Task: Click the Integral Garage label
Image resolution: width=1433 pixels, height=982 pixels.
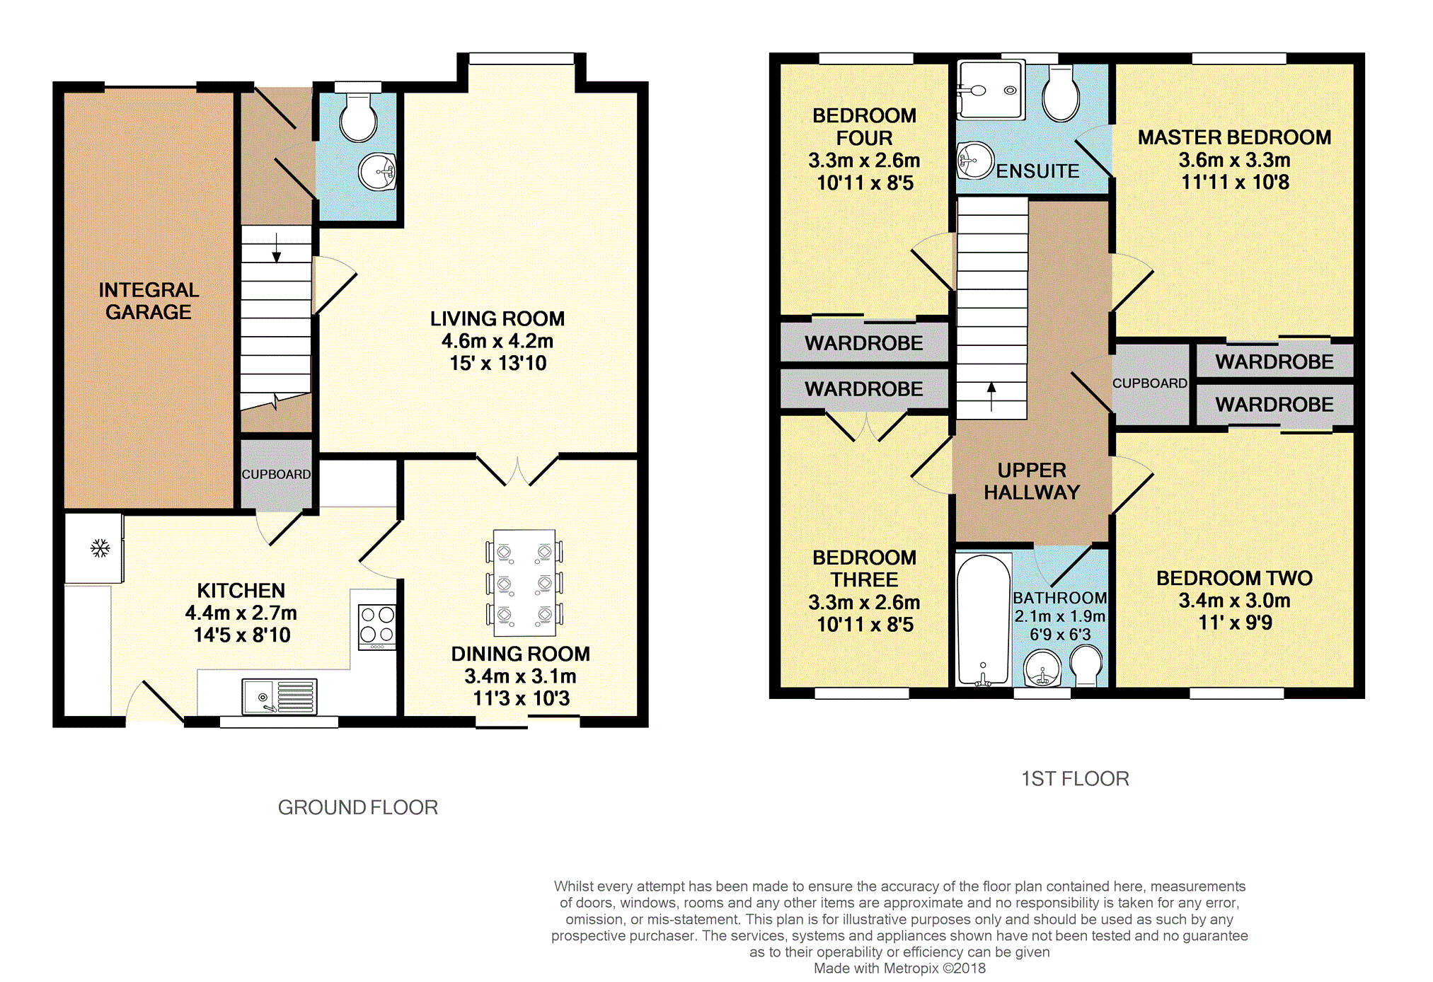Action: [149, 301]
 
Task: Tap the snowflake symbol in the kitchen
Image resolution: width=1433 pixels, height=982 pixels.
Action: [100, 548]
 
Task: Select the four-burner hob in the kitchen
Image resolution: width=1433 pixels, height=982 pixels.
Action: [377, 626]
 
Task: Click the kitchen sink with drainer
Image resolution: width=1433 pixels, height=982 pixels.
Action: [279, 696]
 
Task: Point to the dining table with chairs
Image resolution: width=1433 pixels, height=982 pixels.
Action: [524, 582]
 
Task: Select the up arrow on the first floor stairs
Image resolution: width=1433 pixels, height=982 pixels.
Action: [991, 396]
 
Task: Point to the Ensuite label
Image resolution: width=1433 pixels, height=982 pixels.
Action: [1037, 171]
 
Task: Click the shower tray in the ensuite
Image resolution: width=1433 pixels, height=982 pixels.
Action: [990, 90]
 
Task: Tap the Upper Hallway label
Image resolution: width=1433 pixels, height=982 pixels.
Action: [1032, 481]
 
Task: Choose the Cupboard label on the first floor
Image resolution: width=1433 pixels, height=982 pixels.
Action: [1150, 383]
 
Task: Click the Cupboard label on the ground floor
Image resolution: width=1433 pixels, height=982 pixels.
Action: [276, 474]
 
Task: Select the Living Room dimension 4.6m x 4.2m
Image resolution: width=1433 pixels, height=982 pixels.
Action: [497, 341]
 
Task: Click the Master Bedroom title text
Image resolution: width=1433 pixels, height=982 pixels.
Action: [1235, 137]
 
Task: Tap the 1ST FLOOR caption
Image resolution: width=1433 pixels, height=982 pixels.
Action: [1075, 779]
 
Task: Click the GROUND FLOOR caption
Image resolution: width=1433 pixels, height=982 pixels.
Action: [358, 807]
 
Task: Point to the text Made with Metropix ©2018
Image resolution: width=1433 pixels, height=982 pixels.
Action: [899, 969]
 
